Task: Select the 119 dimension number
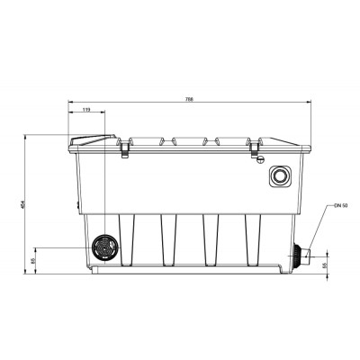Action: coord(86,110)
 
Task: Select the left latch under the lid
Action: coord(123,152)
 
